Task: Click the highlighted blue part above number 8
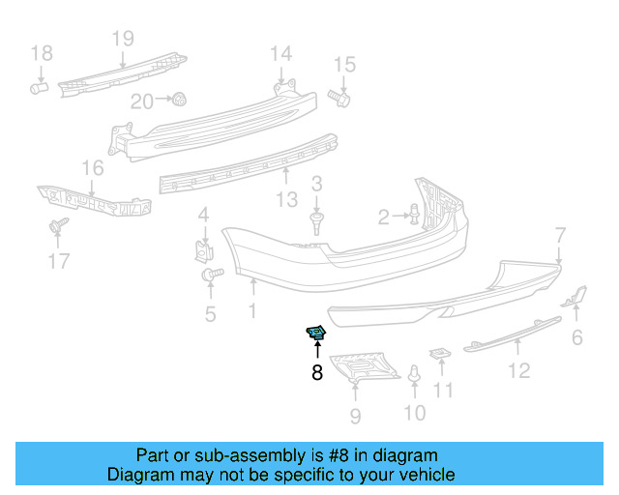click(316, 334)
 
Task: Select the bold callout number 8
click(317, 372)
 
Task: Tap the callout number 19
click(122, 40)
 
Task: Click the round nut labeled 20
click(180, 99)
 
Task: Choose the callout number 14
click(280, 53)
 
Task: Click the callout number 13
click(286, 200)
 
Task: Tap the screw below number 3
click(316, 224)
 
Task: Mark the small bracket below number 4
click(204, 250)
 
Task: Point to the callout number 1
click(251, 311)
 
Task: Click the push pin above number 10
click(414, 374)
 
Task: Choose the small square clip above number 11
click(440, 354)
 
